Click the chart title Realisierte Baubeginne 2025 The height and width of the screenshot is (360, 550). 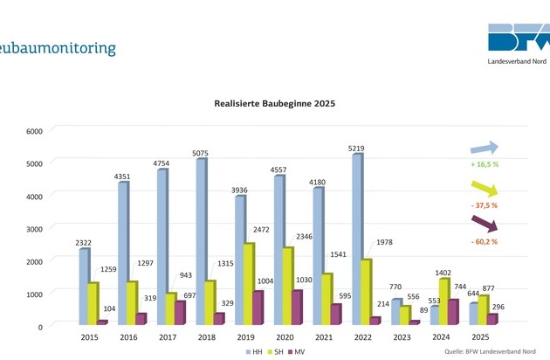pyautogui.click(x=275, y=103)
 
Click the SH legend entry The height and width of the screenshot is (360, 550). pyautogui.click(x=273, y=351)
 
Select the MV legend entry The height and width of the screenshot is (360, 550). pyautogui.click(x=297, y=351)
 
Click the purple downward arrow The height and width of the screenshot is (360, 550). pyautogui.click(x=484, y=222)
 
